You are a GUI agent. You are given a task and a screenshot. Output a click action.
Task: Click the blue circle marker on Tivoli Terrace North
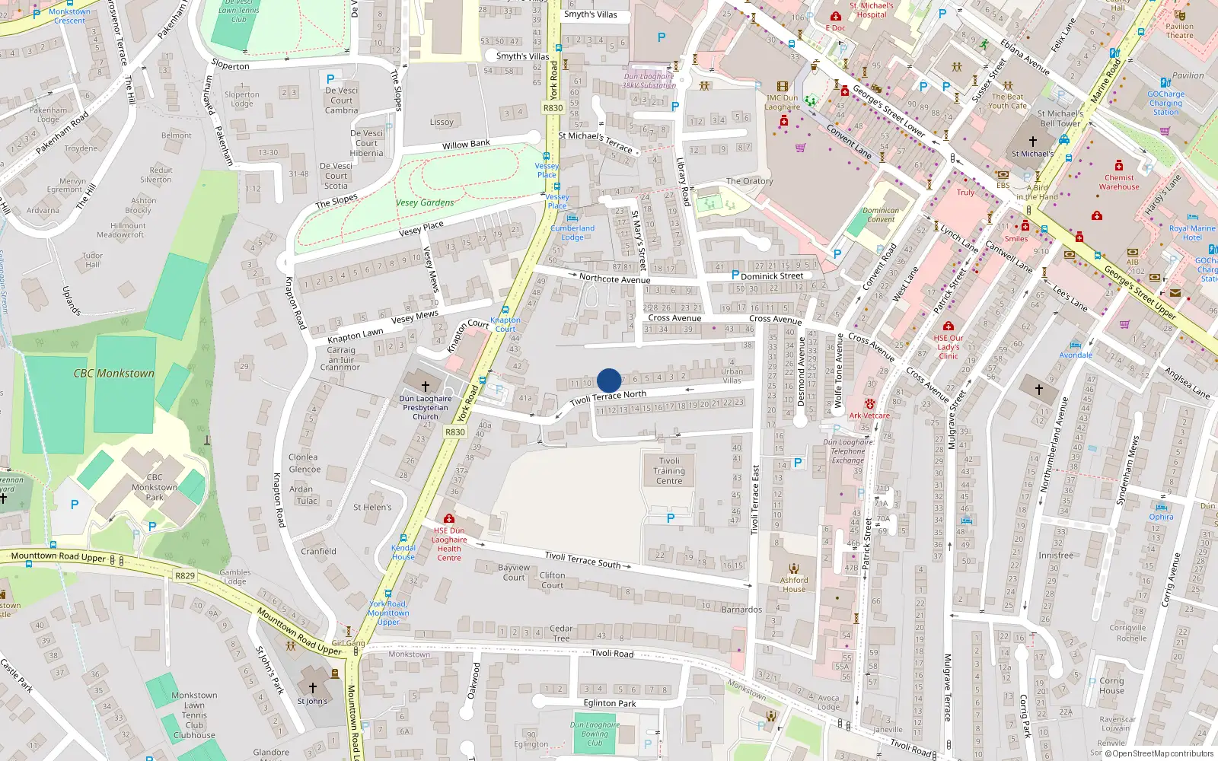(x=609, y=380)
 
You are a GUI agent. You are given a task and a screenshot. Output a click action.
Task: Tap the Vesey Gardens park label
(x=425, y=202)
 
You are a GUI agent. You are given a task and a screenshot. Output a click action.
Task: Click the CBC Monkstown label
(x=113, y=374)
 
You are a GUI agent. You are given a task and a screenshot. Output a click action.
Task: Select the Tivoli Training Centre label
(x=669, y=470)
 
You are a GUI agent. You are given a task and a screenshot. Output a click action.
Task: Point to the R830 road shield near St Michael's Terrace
(x=553, y=108)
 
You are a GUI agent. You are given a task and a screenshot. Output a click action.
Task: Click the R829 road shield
(x=185, y=575)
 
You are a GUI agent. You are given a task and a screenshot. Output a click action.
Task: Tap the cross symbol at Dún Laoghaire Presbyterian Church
(x=426, y=387)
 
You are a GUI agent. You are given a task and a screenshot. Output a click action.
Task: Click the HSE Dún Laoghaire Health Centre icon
(x=449, y=519)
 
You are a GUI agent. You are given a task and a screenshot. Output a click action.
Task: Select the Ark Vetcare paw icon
(x=869, y=404)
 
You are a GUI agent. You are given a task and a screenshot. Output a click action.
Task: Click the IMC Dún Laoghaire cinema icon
(x=782, y=87)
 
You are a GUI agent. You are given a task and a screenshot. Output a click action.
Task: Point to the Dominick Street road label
(x=772, y=276)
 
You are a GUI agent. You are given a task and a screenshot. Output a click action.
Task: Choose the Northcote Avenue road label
(x=614, y=279)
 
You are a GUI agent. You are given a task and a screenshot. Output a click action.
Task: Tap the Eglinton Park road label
(x=610, y=703)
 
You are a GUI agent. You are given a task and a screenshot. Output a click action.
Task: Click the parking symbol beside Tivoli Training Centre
(x=671, y=518)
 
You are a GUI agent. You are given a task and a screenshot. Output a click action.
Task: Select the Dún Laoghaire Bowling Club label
(x=595, y=734)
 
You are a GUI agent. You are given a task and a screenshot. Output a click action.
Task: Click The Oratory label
(x=749, y=181)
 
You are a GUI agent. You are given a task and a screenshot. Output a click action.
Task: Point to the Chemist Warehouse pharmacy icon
(x=1118, y=165)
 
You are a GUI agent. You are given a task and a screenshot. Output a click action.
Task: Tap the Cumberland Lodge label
(x=572, y=232)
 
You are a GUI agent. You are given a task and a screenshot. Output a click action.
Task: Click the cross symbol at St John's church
(x=312, y=687)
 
